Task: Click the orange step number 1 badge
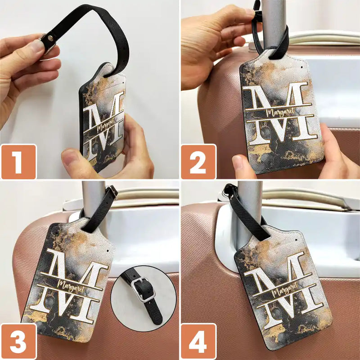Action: (19, 162)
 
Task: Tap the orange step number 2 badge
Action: (198, 162)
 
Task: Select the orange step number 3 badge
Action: (19, 341)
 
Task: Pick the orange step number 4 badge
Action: (198, 341)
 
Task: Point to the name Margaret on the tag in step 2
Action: (280, 112)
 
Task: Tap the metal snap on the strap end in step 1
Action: (51, 38)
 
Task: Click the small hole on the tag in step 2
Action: (301, 67)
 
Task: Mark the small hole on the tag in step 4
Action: (296, 240)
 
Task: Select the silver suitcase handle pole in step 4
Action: (250, 213)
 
